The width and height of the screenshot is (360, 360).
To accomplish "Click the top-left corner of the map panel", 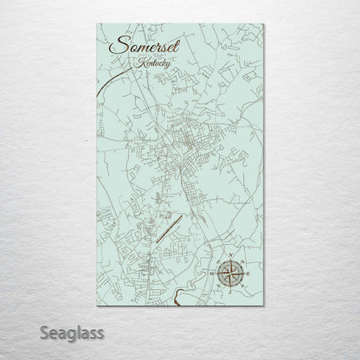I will coord(98,24).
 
